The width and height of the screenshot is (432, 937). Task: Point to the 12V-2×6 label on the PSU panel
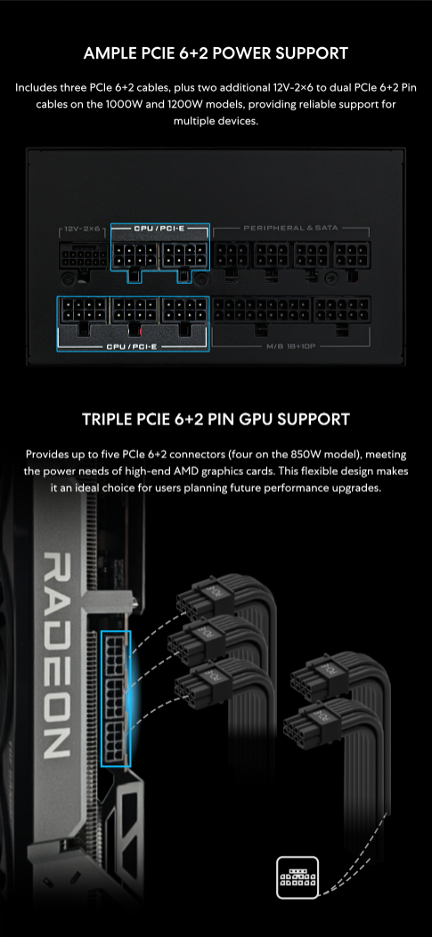[83, 229]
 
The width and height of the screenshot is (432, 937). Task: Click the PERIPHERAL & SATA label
[290, 228]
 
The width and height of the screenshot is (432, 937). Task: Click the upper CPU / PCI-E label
[159, 228]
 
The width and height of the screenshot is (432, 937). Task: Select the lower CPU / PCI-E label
[132, 347]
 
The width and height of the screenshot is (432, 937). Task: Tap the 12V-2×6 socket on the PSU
[83, 257]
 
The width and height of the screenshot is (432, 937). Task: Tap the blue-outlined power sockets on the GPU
[116, 698]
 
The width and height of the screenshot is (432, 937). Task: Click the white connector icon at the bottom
[298, 877]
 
